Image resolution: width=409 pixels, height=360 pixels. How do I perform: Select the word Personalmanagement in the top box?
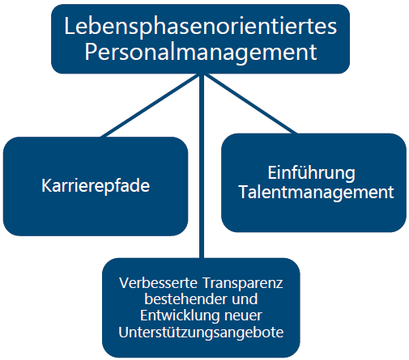(x=201, y=53)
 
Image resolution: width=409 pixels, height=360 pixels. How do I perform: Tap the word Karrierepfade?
(x=96, y=187)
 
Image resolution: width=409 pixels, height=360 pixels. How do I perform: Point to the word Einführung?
(x=311, y=173)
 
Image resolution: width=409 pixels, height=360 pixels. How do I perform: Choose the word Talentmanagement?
(x=316, y=193)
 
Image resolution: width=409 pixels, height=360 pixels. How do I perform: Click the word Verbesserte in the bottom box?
(x=159, y=283)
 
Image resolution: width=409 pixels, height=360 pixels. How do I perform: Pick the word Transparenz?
(x=243, y=283)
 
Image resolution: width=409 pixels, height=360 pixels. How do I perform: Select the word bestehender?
(x=185, y=299)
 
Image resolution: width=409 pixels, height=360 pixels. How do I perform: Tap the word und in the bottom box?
(x=245, y=299)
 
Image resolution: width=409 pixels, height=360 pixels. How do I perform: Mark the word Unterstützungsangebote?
(x=201, y=332)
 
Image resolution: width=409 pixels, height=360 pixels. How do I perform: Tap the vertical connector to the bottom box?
(x=202, y=166)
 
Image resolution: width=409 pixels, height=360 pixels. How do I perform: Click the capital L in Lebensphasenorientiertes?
(x=69, y=26)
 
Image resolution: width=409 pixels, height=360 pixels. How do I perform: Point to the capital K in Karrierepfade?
(x=47, y=185)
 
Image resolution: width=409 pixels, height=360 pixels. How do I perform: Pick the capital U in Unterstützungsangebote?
(x=124, y=332)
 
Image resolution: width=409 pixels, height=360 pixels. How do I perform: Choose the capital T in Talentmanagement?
(x=245, y=192)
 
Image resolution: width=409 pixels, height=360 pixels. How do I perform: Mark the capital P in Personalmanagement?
(x=91, y=52)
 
